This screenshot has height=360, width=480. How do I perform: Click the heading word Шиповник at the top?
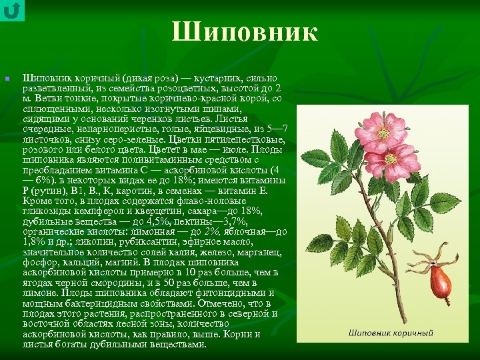tap(245, 32)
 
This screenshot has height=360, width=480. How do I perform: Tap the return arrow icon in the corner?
tap(12, 10)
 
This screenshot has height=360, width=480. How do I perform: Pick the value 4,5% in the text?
tap(141, 221)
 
